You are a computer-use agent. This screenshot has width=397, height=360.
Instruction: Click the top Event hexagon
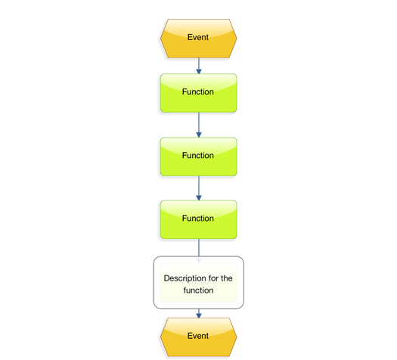198,39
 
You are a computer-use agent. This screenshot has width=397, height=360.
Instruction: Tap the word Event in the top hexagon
198,37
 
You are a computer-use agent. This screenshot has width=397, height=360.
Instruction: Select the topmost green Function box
198,93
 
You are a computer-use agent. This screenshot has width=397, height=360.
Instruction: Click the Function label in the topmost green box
198,92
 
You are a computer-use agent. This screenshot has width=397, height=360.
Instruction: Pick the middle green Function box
198,157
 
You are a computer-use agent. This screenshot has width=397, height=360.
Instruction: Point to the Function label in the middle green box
198,155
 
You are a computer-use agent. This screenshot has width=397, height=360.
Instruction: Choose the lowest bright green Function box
198,219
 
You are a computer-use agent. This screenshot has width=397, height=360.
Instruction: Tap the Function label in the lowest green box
198,219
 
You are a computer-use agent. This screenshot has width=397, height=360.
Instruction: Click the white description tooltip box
198,282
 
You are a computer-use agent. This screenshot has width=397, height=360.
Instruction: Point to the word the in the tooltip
227,278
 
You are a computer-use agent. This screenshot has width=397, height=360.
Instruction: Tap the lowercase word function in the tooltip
198,290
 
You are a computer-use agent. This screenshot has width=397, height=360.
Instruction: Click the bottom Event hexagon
198,337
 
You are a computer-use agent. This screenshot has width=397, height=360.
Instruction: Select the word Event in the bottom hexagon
198,336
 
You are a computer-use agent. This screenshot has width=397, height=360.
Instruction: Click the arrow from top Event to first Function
199,66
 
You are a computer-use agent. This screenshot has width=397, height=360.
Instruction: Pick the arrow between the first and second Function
199,125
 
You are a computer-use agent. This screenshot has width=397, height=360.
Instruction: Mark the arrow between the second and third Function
199,188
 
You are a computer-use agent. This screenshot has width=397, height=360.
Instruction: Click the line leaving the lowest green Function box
199,247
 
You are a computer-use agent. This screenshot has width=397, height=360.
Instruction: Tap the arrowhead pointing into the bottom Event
199,315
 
